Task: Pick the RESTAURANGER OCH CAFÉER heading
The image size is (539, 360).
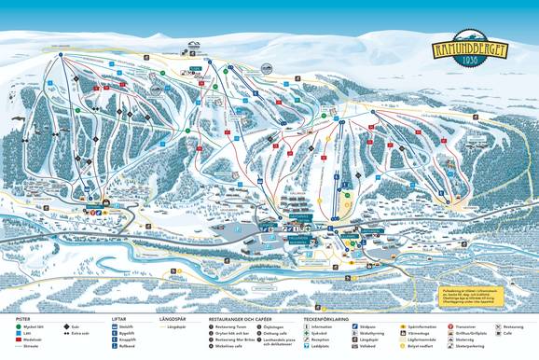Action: coord(242,319)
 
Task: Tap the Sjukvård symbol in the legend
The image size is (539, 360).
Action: coord(307,335)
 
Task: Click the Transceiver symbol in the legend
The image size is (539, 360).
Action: coord(451,327)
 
